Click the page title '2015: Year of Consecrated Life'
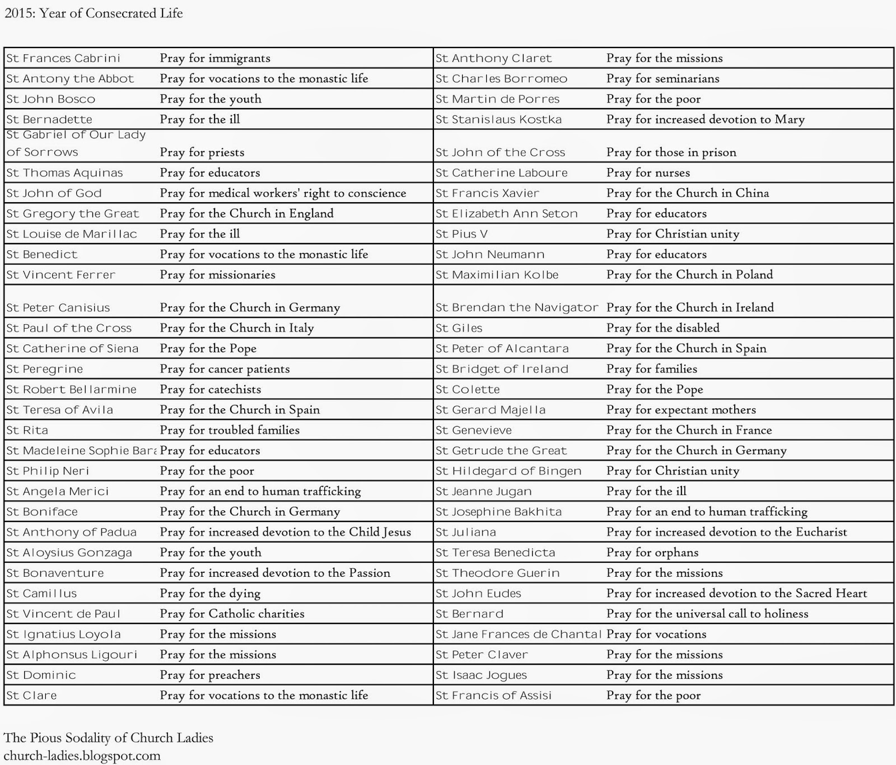tap(94, 13)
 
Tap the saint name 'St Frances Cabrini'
tap(63, 58)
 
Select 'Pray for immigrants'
tap(215, 58)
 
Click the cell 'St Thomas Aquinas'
tap(64, 173)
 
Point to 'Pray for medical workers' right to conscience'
tap(283, 193)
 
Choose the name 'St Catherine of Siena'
tap(72, 349)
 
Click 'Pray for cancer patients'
tap(225, 369)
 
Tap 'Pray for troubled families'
tap(230, 430)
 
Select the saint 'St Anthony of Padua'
tap(72, 532)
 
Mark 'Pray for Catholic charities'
tap(232, 614)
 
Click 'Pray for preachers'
tap(210, 675)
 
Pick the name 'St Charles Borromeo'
tap(501, 79)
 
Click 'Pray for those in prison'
tap(671, 152)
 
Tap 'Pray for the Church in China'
tap(687, 193)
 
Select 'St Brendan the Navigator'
tap(517, 307)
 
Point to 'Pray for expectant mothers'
tap(681, 410)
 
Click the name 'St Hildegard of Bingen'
tap(508, 471)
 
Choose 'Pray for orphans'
tap(652, 553)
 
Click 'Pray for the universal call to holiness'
tap(707, 614)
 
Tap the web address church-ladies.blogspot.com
tap(82, 755)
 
